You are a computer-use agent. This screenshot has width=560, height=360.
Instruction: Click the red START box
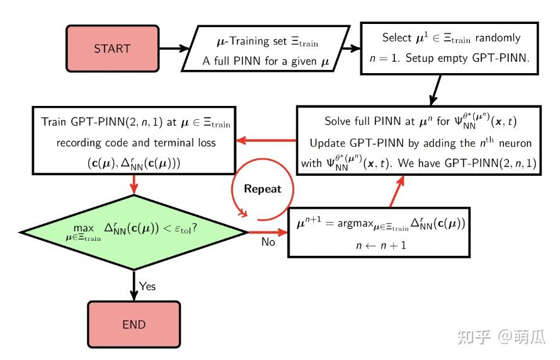[112, 49]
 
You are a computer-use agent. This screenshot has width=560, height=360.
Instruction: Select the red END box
[134, 325]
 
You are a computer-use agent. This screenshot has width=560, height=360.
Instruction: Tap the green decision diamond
[134, 233]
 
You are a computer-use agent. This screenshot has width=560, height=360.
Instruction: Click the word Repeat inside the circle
[263, 189]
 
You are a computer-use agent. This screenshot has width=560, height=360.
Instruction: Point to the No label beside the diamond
[268, 242]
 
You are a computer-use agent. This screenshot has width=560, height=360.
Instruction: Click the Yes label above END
[147, 286]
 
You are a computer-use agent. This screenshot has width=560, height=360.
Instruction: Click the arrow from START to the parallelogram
[174, 49]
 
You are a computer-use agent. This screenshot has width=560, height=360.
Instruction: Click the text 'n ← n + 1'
[381, 245]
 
